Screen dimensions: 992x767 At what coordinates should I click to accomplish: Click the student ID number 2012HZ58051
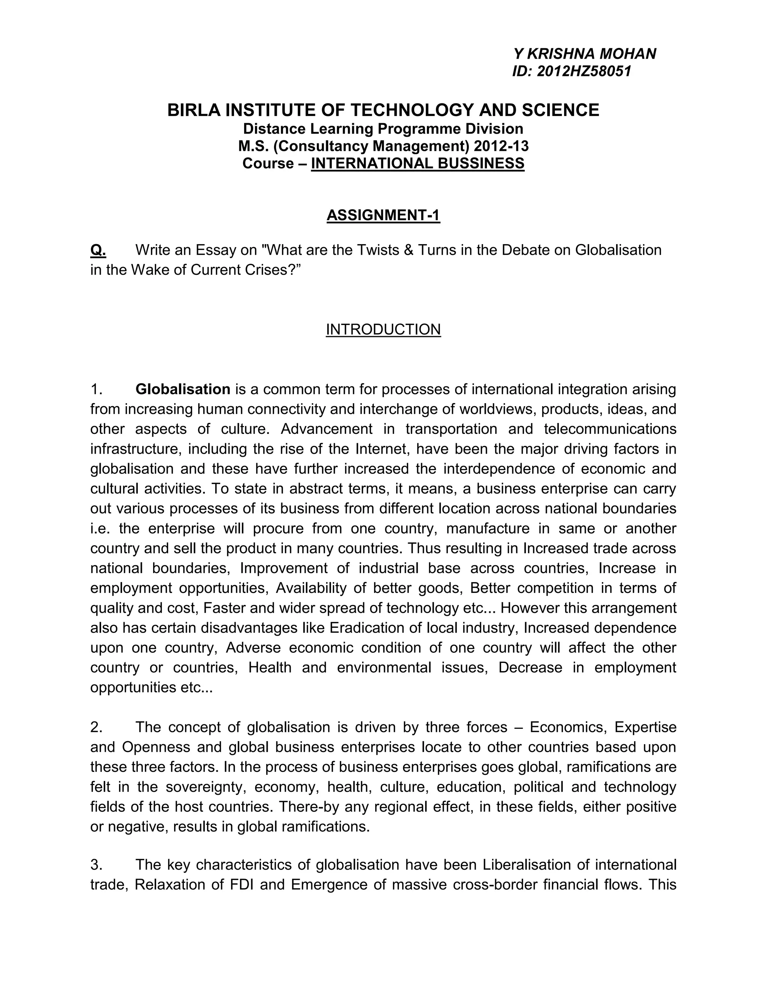pyautogui.click(x=584, y=71)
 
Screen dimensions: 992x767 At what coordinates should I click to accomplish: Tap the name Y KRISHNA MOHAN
pyautogui.click(x=585, y=54)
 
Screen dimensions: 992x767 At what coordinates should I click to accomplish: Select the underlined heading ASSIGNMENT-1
pyautogui.click(x=383, y=215)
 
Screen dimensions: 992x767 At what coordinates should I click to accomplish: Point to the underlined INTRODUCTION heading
pyautogui.click(x=383, y=329)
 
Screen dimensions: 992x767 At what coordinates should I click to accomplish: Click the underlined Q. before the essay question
pyautogui.click(x=98, y=250)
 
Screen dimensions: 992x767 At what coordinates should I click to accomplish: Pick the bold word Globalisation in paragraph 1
pyautogui.click(x=183, y=389)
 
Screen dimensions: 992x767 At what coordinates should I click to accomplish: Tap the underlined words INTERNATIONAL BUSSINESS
pyautogui.click(x=417, y=163)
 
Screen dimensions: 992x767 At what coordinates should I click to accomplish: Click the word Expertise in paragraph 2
pyautogui.click(x=645, y=727)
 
